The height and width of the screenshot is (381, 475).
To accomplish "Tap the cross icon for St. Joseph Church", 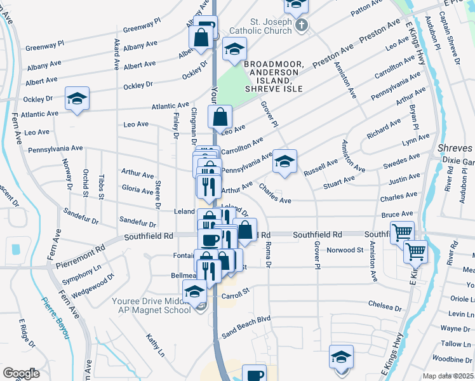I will pyautogui.click(x=302, y=26).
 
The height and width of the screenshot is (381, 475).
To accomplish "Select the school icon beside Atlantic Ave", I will pyautogui.click(x=77, y=98).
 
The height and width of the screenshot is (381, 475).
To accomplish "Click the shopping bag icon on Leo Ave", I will pyautogui.click(x=220, y=117).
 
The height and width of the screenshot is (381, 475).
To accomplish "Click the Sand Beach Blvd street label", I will pyautogui.click(x=246, y=317).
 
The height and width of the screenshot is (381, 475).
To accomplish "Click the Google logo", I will pyautogui.click(x=21, y=373).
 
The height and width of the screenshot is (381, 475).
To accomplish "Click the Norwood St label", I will pyautogui.click(x=344, y=250).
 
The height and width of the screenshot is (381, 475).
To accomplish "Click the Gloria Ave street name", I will pyautogui.click(x=137, y=189).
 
